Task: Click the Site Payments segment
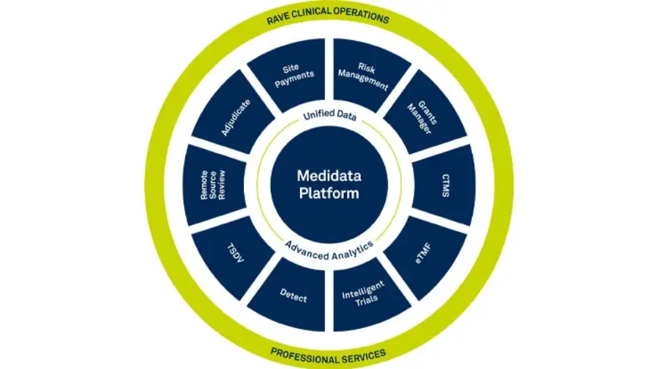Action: (x=290, y=74)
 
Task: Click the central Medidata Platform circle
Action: (x=328, y=184)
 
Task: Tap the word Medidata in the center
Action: (x=328, y=176)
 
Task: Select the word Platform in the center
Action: (x=328, y=194)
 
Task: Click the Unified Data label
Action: (x=329, y=117)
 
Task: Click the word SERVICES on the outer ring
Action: (x=362, y=354)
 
